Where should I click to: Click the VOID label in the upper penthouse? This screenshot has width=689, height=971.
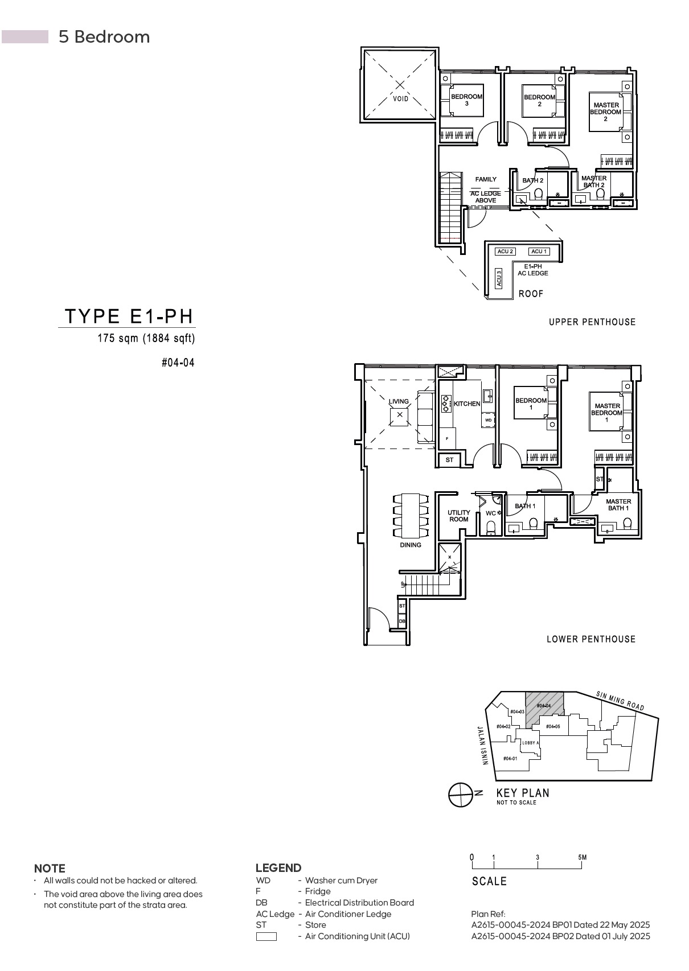[400, 99]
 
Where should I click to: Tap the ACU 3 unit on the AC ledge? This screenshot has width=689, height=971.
[499, 278]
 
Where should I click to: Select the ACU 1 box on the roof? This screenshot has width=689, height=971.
[538, 252]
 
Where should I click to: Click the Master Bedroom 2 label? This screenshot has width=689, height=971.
[605, 112]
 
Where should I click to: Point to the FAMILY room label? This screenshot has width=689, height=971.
[486, 179]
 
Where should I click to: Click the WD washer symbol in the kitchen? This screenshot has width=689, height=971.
[488, 420]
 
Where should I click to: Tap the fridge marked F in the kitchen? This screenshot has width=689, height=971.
[448, 438]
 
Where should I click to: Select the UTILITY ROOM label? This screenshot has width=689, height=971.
[458, 516]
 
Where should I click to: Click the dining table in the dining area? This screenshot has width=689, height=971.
[410, 516]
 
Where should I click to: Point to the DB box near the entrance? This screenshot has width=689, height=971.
[402, 621]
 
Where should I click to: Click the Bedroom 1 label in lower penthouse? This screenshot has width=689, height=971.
[531, 404]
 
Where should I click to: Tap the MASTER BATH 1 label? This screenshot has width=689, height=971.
[618, 505]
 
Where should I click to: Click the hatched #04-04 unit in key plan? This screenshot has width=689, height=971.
[544, 706]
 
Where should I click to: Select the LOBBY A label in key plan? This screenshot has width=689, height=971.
[530, 743]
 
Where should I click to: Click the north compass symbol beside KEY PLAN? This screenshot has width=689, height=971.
[461, 795]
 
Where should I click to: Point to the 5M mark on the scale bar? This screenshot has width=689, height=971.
[582, 857]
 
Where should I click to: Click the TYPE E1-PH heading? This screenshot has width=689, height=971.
[129, 316]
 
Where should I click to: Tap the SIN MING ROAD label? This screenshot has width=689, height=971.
[620, 701]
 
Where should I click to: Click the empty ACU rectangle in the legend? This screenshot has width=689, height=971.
[266, 936]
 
